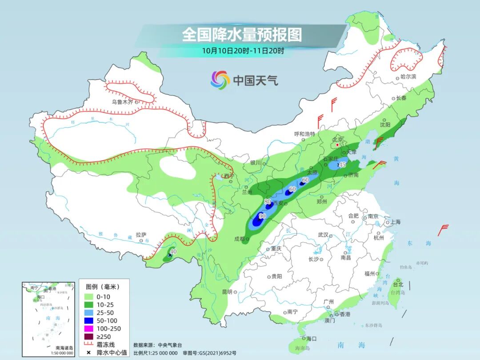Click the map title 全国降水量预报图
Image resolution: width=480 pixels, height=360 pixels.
coord(241,35)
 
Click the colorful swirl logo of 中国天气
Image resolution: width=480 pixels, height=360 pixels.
coord(220,80)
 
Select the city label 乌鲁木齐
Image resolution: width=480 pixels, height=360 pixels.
coord(122,102)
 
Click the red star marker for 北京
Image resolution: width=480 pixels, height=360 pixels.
coord(337,145)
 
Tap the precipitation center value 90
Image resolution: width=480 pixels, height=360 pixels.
coord(262,216)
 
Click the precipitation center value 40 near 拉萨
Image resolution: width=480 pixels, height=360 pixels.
coord(173,252)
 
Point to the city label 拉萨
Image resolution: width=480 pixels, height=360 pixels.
coord(141,234)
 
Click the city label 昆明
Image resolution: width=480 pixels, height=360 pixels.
coord(227,292)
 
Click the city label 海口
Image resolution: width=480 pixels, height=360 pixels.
coord(311,339)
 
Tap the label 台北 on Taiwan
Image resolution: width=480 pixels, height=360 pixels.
coord(398,284)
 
